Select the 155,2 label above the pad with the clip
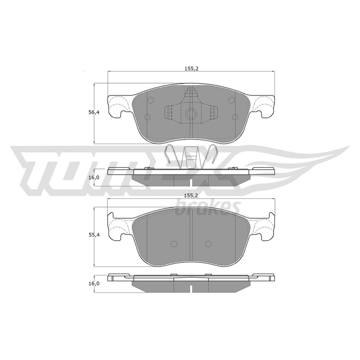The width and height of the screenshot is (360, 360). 191,69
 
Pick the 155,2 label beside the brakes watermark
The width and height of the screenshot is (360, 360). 191,196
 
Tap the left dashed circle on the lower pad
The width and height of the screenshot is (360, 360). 174,244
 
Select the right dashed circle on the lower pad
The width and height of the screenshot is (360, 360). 208,244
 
